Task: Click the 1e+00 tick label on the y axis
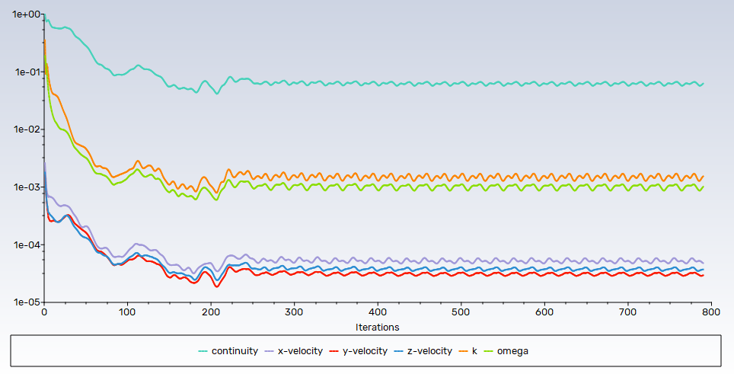click(21, 14)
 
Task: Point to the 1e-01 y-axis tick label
click(21, 72)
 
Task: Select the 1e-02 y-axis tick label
click(21, 129)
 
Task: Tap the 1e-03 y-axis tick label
click(21, 187)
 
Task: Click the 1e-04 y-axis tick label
click(21, 245)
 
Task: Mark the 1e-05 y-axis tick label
click(21, 302)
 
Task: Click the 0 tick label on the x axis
click(44, 313)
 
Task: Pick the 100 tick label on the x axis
click(127, 313)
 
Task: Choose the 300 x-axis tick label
click(294, 313)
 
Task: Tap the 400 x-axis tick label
click(378, 313)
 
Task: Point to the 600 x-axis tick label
click(544, 313)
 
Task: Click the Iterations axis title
click(377, 327)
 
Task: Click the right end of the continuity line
click(703, 84)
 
